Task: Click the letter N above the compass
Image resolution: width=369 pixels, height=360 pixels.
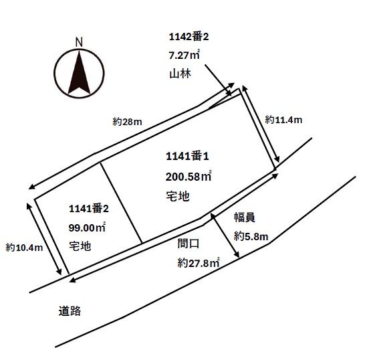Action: pos(79,42)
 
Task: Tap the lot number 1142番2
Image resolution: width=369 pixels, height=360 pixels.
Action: pos(189,37)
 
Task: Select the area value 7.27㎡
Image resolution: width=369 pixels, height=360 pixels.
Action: pos(184,55)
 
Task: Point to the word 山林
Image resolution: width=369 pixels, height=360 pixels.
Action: pos(180,74)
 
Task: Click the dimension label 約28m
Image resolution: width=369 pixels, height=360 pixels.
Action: pos(127,122)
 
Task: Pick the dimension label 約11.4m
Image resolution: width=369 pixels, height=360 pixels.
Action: pos(283,120)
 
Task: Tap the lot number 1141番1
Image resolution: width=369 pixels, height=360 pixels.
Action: pos(187,156)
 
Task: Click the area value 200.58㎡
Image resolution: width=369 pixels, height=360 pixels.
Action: pos(189,176)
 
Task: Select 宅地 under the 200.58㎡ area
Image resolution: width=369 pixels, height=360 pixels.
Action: pos(178,196)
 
